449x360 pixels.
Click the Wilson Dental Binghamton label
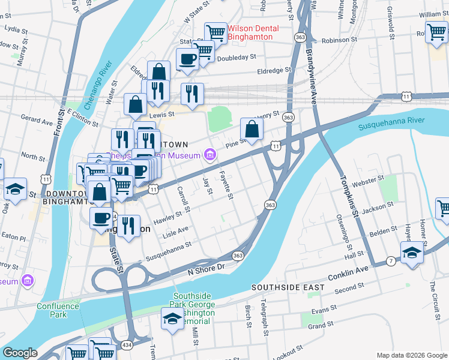[250, 32]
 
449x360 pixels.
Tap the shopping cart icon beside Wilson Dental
[215, 32]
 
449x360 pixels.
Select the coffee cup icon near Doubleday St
[187, 59]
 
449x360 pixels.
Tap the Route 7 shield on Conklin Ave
[390, 260]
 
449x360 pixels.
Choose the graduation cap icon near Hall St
[412, 251]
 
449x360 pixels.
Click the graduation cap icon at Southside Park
[172, 319]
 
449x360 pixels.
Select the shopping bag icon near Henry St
[252, 128]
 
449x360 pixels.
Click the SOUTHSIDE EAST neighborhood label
[288, 288]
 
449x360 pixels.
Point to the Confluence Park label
[57, 310]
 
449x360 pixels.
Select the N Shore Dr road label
[206, 268]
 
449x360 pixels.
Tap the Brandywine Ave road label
[313, 72]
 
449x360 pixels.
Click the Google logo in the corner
[20, 353]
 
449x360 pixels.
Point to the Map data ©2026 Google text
[411, 355]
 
